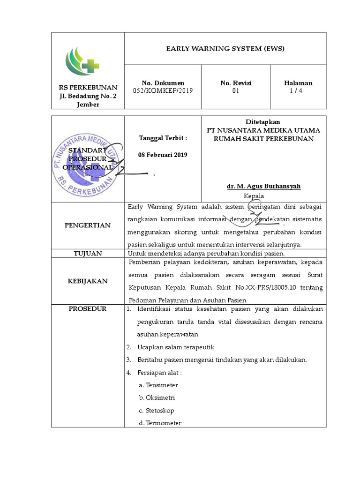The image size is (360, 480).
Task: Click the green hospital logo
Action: [x=82, y=61]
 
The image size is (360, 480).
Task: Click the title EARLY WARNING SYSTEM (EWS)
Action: [x=225, y=48]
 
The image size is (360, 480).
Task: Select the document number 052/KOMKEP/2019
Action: [x=163, y=91]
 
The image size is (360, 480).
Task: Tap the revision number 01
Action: [x=236, y=91]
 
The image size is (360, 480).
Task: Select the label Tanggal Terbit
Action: [x=163, y=138]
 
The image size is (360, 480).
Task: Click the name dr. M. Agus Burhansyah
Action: [x=263, y=187]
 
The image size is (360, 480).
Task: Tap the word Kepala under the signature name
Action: [x=254, y=196]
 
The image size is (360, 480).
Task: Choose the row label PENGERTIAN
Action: [x=88, y=225]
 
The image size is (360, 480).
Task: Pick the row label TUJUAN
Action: [x=88, y=254]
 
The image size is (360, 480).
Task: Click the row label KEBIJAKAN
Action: [x=88, y=281]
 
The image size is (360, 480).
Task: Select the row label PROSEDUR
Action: [x=88, y=309]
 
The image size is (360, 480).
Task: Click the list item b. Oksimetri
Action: [x=158, y=398]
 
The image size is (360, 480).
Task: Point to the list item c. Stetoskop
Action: [x=157, y=411]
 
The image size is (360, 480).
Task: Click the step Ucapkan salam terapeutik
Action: [x=176, y=347]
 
